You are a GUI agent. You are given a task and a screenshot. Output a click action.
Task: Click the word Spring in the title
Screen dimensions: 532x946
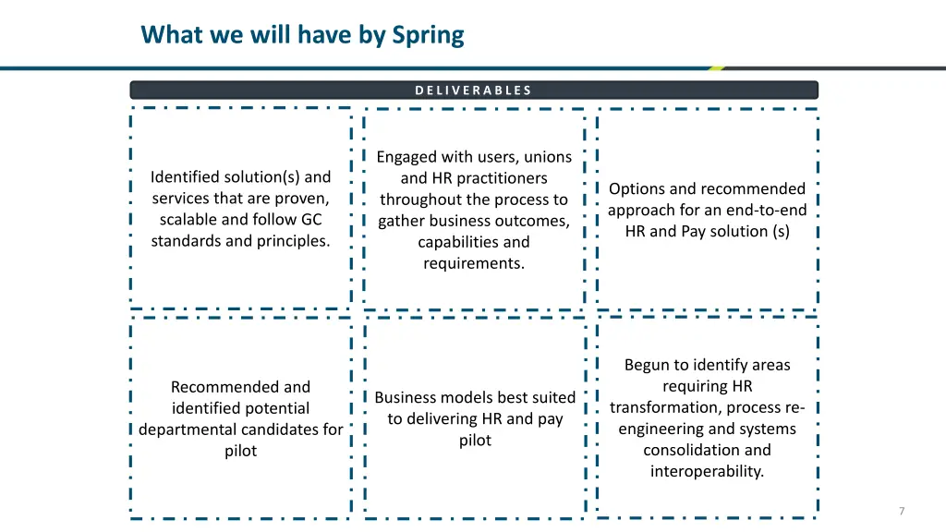pyautogui.click(x=428, y=35)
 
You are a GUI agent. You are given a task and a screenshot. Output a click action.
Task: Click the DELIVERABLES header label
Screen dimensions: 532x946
pyautogui.click(x=473, y=91)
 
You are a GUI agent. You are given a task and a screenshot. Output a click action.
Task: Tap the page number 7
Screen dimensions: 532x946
pyautogui.click(x=901, y=511)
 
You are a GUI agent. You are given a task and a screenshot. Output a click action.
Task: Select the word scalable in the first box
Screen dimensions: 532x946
pyautogui.click(x=189, y=220)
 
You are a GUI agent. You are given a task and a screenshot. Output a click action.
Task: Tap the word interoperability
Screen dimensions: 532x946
pyautogui.click(x=707, y=471)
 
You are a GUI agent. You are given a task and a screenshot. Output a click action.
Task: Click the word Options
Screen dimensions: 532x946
pyautogui.click(x=637, y=188)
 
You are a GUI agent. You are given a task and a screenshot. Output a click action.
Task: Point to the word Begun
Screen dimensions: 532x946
pyautogui.click(x=646, y=365)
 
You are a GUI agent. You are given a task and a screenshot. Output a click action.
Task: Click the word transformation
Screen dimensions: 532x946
pyautogui.click(x=665, y=407)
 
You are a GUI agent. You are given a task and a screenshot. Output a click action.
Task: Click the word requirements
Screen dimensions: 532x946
pyautogui.click(x=473, y=263)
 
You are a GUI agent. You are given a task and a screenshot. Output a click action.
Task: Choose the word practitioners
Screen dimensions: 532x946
pyautogui.click(x=503, y=178)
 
